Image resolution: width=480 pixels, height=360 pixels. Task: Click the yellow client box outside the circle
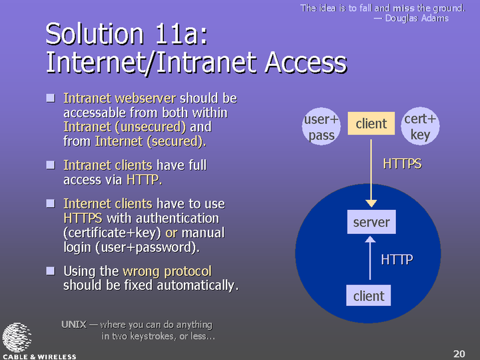(x=371, y=123)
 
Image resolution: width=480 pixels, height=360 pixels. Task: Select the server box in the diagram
(x=371, y=222)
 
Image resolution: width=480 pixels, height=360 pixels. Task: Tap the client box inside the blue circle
(x=369, y=295)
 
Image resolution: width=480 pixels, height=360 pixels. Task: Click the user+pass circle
(x=321, y=127)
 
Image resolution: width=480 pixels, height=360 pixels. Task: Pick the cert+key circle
(x=420, y=126)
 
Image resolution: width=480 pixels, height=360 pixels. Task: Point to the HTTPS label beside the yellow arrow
(x=402, y=164)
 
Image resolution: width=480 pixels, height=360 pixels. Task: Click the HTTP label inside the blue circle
(x=397, y=259)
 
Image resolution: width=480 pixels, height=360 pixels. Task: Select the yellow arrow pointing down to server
(x=371, y=173)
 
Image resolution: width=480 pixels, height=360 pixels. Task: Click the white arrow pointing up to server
(x=370, y=258)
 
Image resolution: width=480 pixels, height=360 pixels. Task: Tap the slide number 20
(x=459, y=353)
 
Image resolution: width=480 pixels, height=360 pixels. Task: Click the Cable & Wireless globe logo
(x=17, y=337)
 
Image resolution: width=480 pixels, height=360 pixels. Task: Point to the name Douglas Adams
(x=417, y=18)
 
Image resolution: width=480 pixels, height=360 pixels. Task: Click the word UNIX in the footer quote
(x=74, y=324)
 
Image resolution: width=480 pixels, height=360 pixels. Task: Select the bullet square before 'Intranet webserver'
(x=51, y=98)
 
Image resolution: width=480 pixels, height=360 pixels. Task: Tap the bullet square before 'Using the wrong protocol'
(x=51, y=271)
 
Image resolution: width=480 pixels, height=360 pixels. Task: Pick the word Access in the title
(x=306, y=63)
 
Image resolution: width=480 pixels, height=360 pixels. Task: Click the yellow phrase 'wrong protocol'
(x=167, y=271)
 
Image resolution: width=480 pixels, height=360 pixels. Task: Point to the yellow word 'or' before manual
(x=171, y=233)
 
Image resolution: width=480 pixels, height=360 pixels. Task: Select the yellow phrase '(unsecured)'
(x=150, y=127)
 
